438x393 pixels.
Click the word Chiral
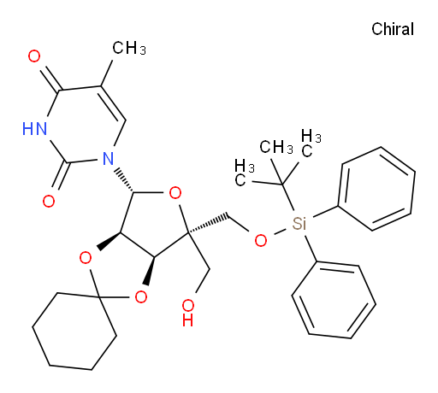point(393,29)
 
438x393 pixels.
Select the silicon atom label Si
point(299,223)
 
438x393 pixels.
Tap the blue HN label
point(34,128)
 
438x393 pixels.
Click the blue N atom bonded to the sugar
point(108,158)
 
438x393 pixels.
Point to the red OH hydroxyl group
point(188,313)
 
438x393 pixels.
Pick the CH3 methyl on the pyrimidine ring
point(129,48)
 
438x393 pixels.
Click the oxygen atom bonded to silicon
point(261,241)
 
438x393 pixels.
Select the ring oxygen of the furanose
point(175,193)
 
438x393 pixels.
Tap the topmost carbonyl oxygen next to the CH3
point(34,56)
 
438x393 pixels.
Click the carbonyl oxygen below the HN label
point(49,201)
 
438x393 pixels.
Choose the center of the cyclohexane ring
point(74,331)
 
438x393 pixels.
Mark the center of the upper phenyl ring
point(376,189)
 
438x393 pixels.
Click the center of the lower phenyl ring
point(334,300)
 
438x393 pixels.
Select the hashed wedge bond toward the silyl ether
point(208,224)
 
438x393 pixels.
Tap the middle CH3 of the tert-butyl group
point(276,147)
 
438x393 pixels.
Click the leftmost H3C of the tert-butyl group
point(245,173)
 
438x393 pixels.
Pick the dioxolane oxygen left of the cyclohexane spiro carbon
point(86,258)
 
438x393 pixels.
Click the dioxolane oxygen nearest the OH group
point(141,296)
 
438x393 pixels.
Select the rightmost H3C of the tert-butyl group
point(311,143)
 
